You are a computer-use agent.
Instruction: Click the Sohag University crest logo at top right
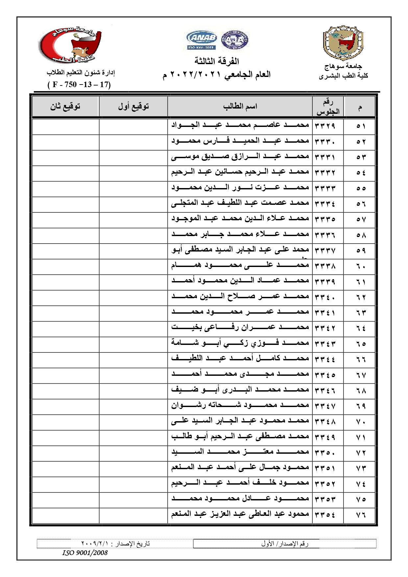343,43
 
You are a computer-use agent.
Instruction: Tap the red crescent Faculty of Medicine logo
70,45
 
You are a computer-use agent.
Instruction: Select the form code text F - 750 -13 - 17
79,84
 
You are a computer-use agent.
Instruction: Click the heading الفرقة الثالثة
217,61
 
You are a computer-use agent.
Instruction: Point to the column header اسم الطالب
240,106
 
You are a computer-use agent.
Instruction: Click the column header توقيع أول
133,106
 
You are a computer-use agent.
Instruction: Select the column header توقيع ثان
65,106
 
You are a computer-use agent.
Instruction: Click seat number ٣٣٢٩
325,126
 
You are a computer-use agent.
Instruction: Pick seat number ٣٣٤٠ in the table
325,297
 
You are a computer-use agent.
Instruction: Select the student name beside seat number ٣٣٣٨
240,265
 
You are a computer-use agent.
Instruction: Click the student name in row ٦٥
240,343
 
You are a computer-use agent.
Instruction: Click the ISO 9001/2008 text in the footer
85,553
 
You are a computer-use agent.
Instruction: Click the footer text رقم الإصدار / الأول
285,543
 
